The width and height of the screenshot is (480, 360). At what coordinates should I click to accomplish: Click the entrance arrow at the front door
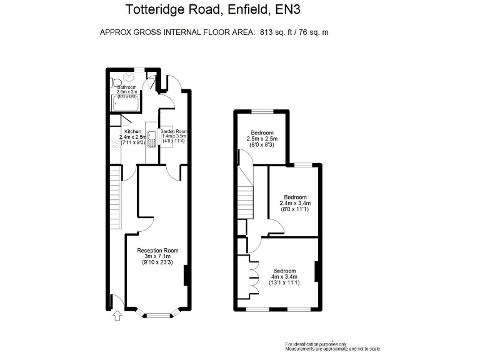click(116, 316)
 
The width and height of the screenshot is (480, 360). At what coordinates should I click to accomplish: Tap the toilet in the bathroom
click(116, 82)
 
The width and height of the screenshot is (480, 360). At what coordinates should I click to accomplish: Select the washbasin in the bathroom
click(130, 77)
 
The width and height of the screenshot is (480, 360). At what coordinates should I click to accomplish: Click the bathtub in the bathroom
click(125, 104)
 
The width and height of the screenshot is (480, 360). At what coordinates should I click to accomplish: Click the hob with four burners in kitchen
click(115, 144)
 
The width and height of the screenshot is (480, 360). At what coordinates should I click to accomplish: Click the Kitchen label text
click(132, 131)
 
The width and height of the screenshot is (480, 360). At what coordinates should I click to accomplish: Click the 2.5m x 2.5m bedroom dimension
click(262, 138)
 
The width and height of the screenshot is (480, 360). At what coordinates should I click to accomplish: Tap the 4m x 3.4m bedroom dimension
click(284, 276)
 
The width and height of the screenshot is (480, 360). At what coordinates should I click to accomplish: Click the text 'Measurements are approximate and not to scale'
click(332, 349)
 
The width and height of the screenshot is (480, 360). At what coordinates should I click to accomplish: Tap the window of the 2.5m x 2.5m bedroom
click(262, 111)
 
